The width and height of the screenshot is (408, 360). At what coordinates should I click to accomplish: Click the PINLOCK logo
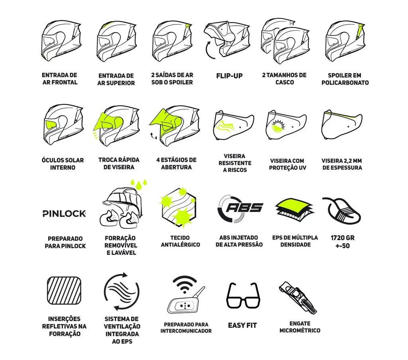(x=64, y=213)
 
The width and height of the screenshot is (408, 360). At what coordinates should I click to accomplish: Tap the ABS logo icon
(x=240, y=209)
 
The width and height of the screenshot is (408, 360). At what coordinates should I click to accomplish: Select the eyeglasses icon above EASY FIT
(x=243, y=295)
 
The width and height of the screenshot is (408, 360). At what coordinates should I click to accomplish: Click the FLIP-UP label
(x=229, y=76)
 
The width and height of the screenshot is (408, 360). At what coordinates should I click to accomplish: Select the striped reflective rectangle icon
(x=64, y=290)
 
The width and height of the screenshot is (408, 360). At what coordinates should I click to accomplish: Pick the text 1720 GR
(x=342, y=238)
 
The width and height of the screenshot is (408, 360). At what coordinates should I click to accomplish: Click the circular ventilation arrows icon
(x=121, y=291)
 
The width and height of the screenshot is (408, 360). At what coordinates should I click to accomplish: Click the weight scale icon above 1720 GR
(x=341, y=211)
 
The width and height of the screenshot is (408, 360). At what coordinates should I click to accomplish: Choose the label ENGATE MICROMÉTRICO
(x=300, y=327)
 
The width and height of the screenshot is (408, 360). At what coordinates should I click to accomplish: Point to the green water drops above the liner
(x=139, y=183)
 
